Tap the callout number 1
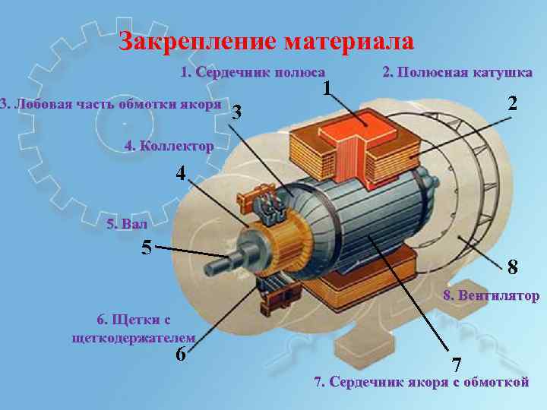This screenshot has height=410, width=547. click(x=327, y=89)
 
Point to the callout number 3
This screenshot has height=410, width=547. click(x=239, y=112)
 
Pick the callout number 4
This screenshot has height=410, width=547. click(x=180, y=173)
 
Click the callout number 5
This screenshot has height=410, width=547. click(x=147, y=248)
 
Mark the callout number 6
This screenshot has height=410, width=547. click(x=181, y=355)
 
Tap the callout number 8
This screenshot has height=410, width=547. click(x=514, y=266)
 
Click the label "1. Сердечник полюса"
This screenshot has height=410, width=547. click(x=245, y=73)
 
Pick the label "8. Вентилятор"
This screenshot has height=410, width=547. click(x=491, y=295)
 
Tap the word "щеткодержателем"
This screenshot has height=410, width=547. click(x=132, y=337)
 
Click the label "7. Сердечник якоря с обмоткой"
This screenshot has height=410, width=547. click(x=422, y=382)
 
